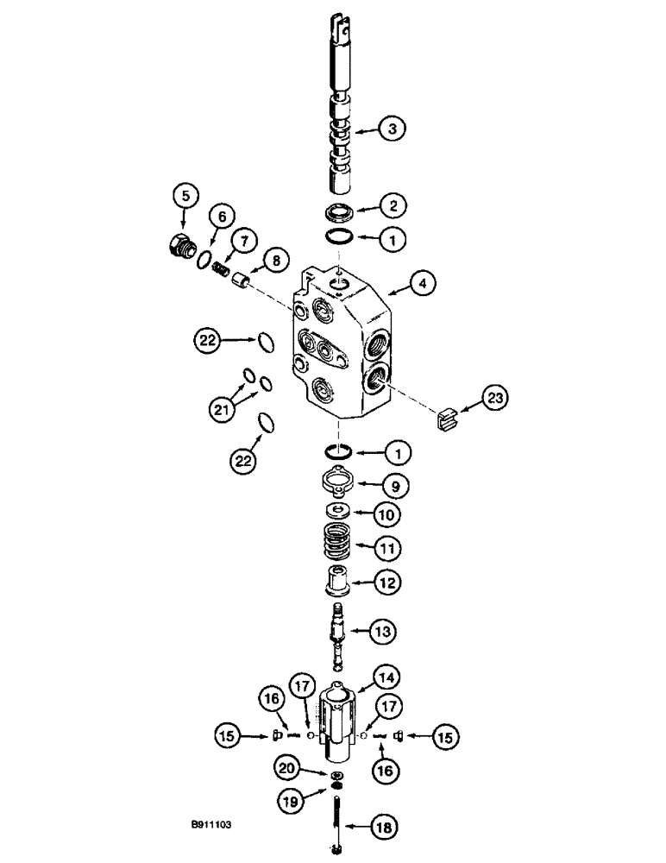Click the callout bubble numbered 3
click(392, 130)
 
